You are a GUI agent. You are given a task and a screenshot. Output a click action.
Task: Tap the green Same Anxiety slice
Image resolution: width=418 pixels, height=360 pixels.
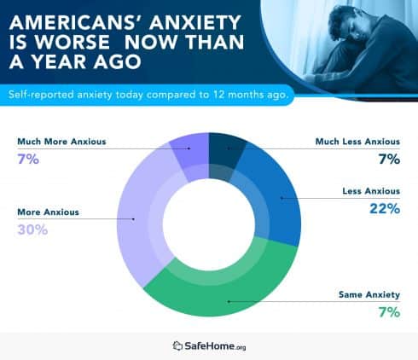pyautogui.click(x=226, y=286)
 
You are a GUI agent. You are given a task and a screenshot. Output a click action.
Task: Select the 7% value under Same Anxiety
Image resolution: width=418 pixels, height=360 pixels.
pyautogui.click(x=389, y=311)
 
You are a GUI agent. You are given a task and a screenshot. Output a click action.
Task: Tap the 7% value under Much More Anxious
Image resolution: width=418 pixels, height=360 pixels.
pyautogui.click(x=26, y=159)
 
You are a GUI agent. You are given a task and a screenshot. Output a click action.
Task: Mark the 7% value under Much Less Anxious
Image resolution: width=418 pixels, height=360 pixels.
pyautogui.click(x=389, y=159)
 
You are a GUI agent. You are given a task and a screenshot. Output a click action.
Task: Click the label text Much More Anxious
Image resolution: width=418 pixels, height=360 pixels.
pyautogui.click(x=61, y=141)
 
